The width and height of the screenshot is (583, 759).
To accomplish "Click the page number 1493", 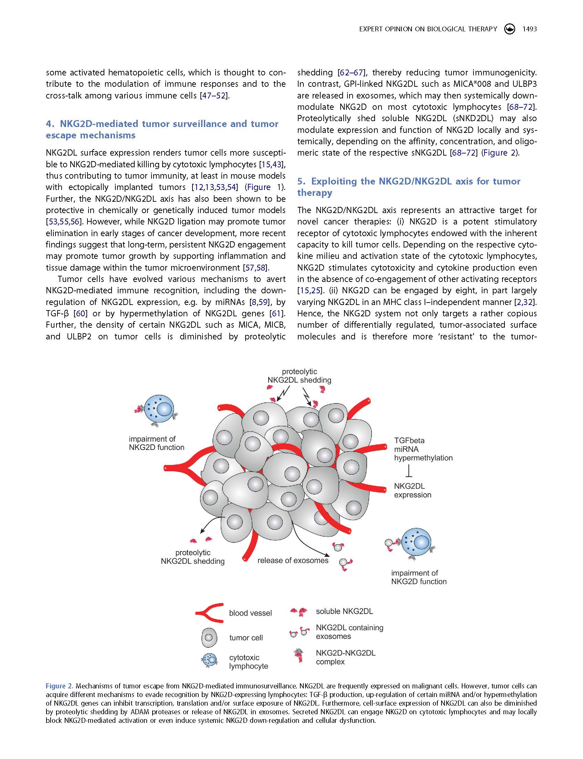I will click(530, 29).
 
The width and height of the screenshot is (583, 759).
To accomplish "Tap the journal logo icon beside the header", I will click(509, 29).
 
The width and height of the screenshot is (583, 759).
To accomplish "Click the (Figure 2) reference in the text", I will click(499, 152).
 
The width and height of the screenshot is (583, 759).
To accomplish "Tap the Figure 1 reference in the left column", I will click(264, 187).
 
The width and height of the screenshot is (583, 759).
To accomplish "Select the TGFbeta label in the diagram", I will click(409, 441).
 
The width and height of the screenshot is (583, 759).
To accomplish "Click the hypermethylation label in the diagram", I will click(423, 458).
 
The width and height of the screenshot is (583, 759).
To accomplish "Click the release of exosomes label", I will click(293, 561).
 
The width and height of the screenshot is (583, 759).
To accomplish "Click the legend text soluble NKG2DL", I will click(344, 611).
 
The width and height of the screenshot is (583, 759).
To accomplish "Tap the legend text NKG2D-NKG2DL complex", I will click(345, 657).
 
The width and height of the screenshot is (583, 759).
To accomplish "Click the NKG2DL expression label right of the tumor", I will click(413, 491).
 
